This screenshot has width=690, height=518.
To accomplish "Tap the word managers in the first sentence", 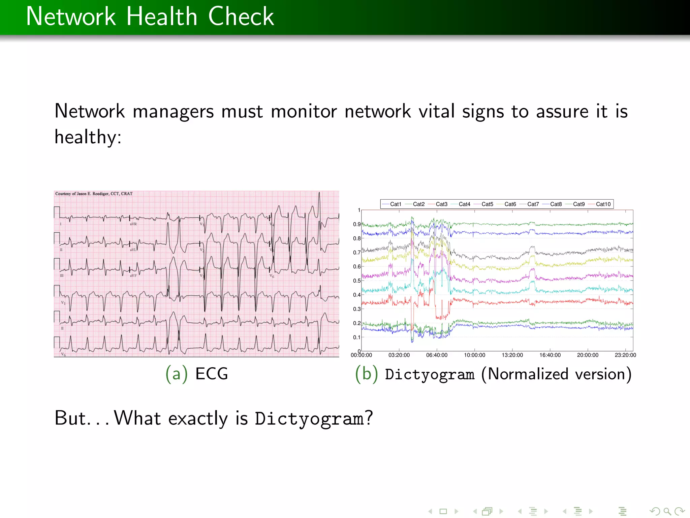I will tap(173, 112).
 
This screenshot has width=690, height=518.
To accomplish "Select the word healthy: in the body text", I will tap(88, 137).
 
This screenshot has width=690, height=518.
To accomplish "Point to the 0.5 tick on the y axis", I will tap(357, 281).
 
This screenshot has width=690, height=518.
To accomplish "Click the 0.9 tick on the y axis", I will tap(357, 224).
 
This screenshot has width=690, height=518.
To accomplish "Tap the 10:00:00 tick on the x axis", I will tap(474, 355).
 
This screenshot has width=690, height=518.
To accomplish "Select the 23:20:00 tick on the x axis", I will tap(625, 355).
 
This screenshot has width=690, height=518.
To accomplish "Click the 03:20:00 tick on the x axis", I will tap(399, 355).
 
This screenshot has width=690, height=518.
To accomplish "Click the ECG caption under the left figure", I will tap(212, 374).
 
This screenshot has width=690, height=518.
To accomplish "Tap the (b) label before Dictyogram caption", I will tap(366, 374).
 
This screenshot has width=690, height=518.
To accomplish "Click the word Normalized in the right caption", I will tap(528, 374).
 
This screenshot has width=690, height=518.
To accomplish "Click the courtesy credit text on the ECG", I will tap(94, 194).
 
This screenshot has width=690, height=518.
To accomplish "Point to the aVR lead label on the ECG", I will tap(133, 224).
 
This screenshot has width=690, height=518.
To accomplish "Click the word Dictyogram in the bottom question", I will tap(309, 419).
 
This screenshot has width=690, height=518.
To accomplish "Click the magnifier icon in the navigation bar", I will tap(667, 511).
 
